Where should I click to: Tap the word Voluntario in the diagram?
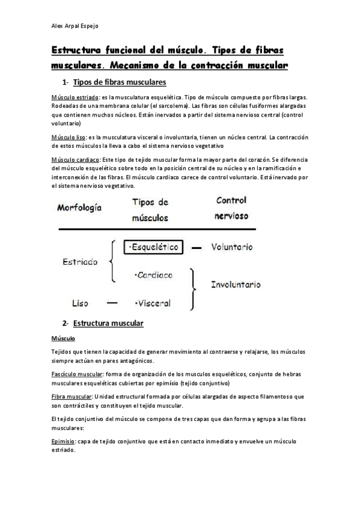pyautogui.click(x=232, y=247)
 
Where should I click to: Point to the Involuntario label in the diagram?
pyautogui.click(x=236, y=284)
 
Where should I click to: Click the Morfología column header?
pyautogui.click(x=80, y=208)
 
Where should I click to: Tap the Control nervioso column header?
pyautogui.click(x=231, y=207)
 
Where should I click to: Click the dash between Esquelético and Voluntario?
pyautogui.click(x=197, y=247)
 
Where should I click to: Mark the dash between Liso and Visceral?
pyautogui.click(x=112, y=303)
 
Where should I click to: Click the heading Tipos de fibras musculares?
pyautogui.click(x=119, y=82)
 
